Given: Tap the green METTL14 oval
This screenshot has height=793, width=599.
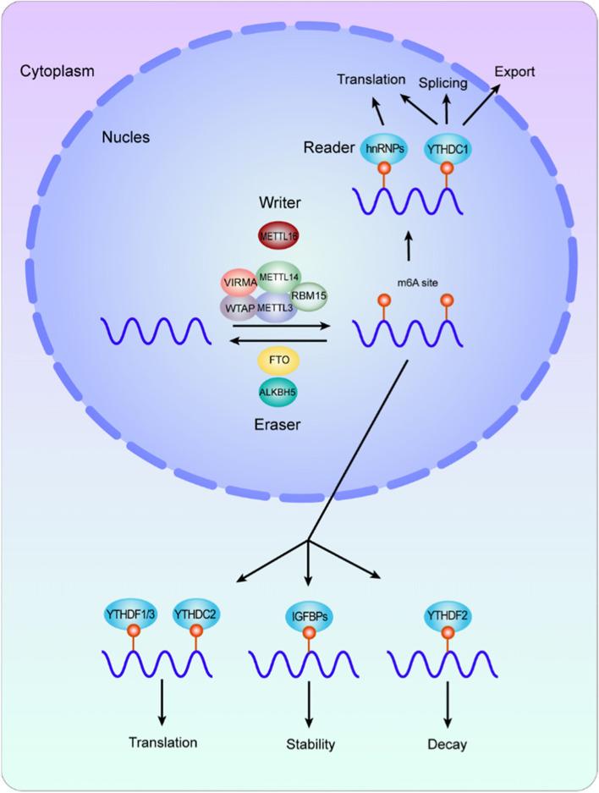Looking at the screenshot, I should [x=279, y=275].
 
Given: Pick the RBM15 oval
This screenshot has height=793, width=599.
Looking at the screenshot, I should [x=308, y=296].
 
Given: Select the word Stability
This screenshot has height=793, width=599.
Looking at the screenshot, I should [x=308, y=745].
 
